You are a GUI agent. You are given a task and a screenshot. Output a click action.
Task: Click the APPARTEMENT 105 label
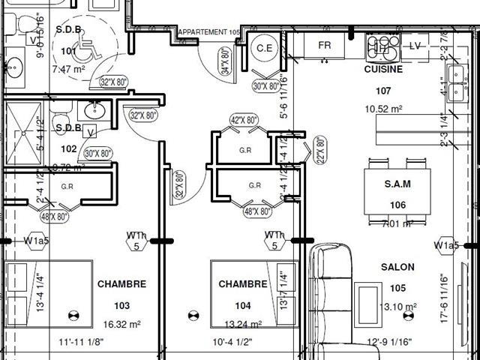point(208,32)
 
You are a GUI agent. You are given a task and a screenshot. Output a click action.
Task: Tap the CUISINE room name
point(383,69)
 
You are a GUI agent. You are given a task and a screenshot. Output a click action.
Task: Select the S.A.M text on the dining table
point(397,183)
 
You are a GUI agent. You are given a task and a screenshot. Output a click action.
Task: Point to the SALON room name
point(397,268)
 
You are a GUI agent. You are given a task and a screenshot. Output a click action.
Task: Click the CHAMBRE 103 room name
point(121,284)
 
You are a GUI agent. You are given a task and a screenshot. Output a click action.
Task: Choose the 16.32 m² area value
point(121,325)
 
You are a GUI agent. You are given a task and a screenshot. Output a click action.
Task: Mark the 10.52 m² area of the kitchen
point(383,109)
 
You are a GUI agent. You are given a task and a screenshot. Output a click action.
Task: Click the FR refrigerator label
point(325,46)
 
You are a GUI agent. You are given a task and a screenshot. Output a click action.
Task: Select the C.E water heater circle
point(265,48)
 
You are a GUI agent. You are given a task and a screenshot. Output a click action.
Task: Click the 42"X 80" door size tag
point(244,119)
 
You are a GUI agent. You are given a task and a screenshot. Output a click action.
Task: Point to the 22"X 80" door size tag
point(320,150)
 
